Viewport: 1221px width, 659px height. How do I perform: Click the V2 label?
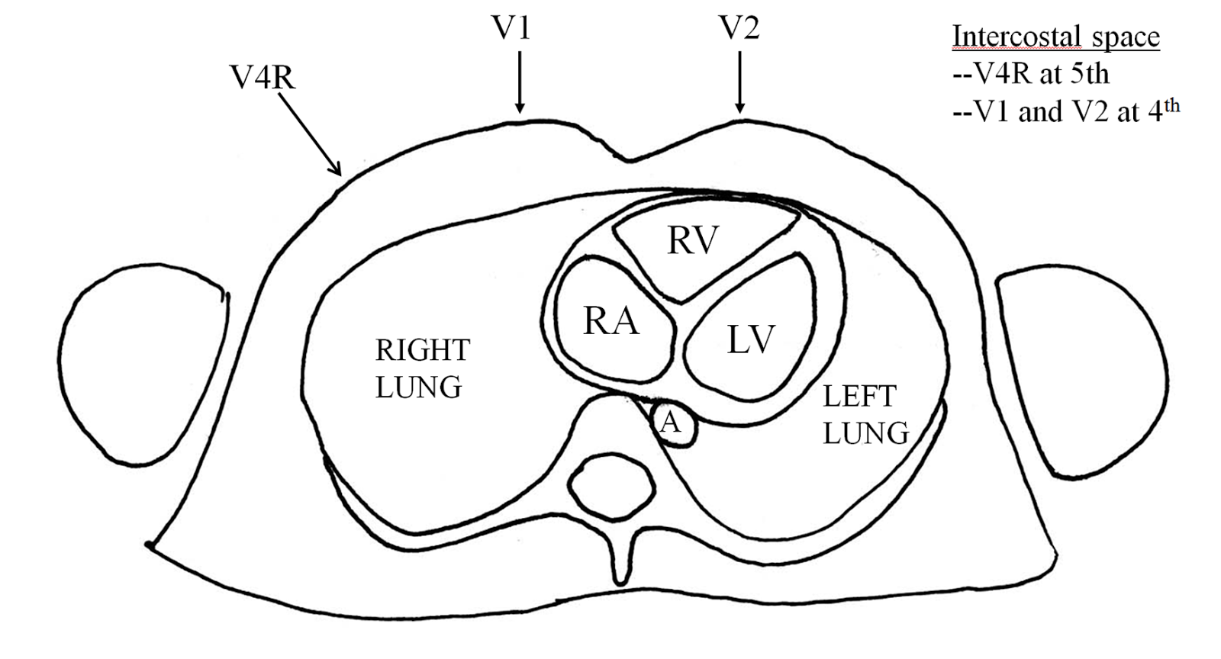click(739, 29)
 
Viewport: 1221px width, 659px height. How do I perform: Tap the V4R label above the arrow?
click(263, 77)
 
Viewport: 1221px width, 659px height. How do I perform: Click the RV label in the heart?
click(693, 240)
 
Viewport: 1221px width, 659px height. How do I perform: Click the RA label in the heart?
click(610, 321)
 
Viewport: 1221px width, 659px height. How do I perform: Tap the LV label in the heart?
click(751, 339)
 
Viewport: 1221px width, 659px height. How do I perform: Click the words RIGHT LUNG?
click(422, 368)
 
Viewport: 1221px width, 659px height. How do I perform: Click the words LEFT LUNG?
click(865, 414)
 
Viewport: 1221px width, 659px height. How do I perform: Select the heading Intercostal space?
click(1055, 36)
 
